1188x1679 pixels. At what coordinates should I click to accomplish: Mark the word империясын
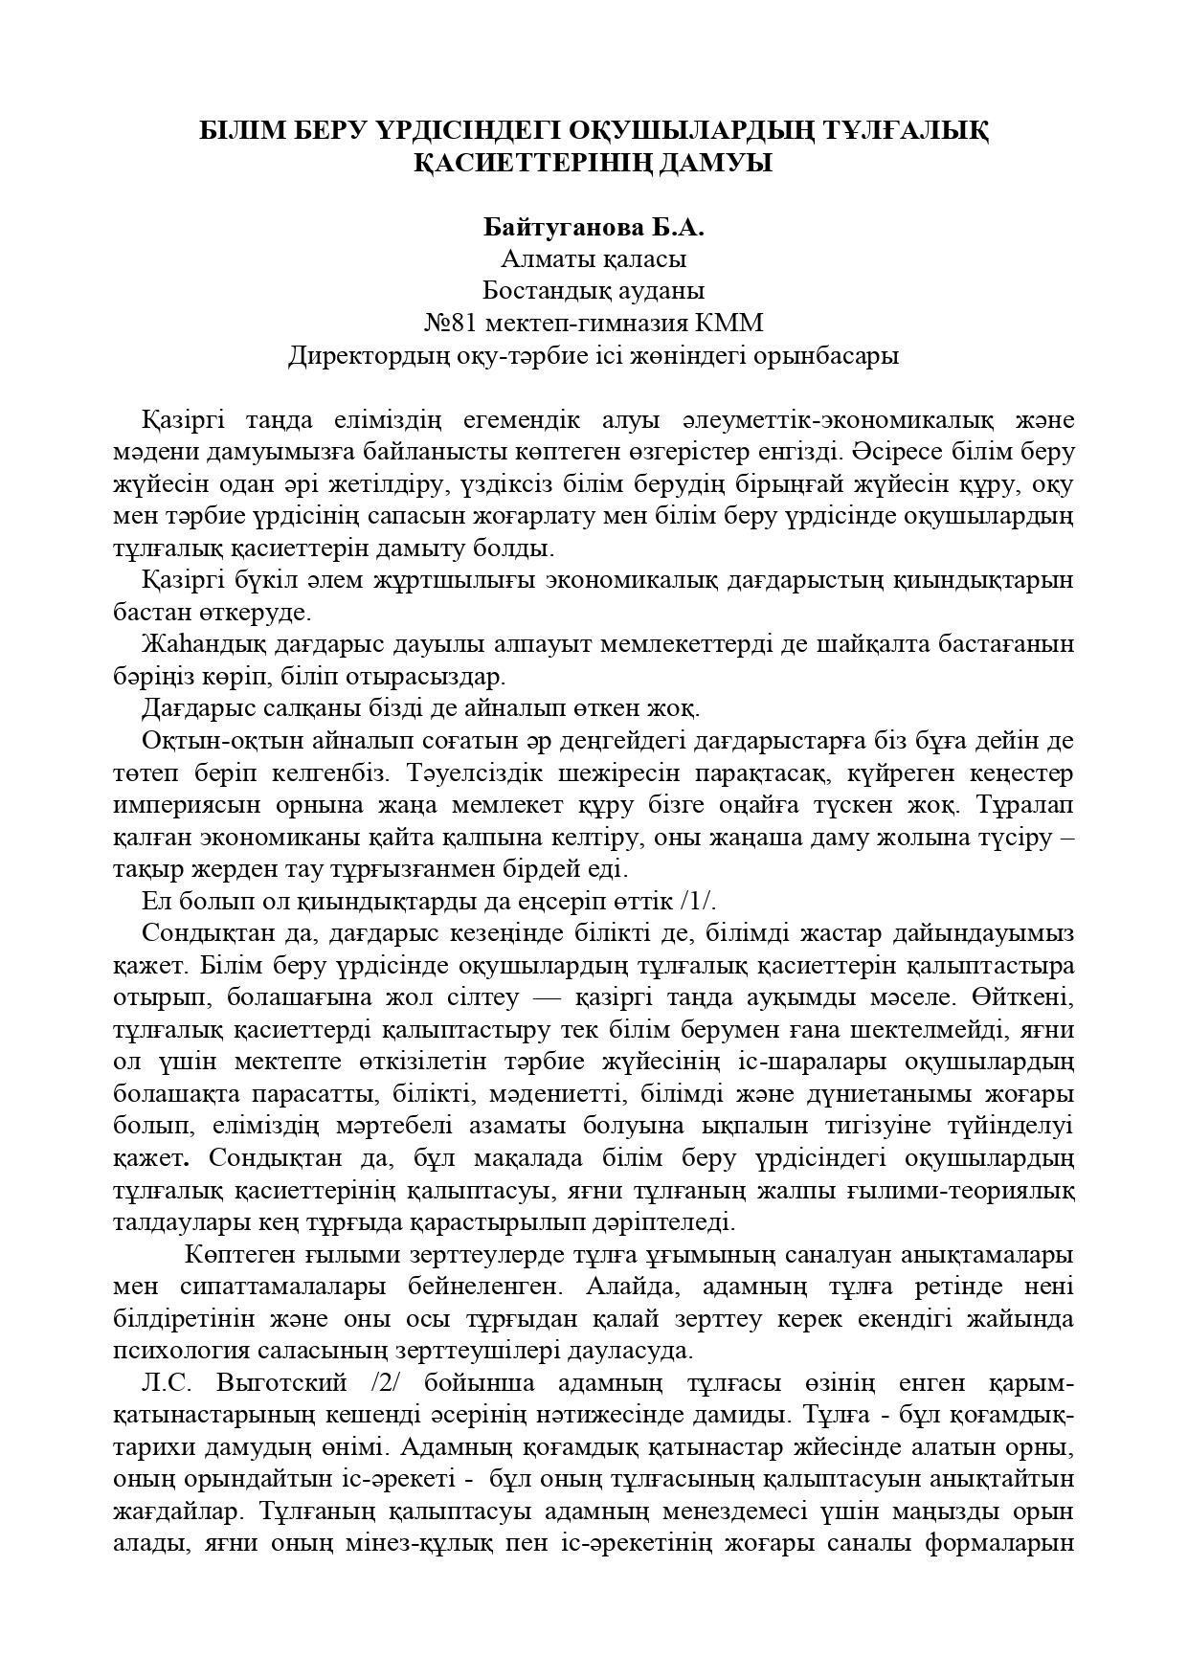[x=192, y=805]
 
